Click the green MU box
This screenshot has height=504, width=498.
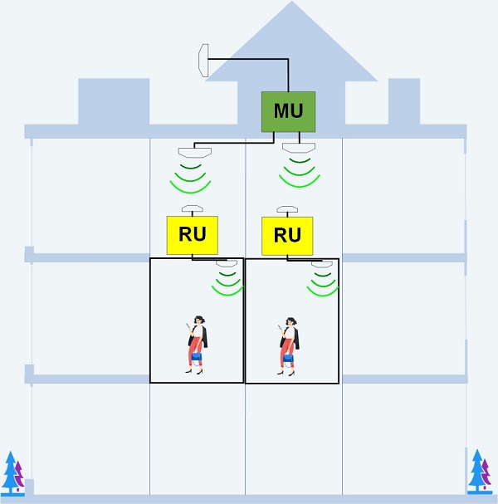(288, 111)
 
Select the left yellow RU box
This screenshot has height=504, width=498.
(192, 235)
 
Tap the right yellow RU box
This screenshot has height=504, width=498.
(287, 235)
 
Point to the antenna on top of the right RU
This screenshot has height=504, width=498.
(287, 209)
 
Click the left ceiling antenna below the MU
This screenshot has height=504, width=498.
(195, 152)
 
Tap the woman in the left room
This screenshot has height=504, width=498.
(197, 344)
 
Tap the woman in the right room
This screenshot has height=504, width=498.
(288, 344)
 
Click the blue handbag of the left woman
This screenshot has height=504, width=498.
(197, 355)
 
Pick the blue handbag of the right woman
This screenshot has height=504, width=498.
(289, 358)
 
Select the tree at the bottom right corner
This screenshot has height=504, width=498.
(480, 472)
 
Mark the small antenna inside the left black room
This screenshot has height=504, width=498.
(227, 264)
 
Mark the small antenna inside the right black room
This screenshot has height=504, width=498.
(321, 264)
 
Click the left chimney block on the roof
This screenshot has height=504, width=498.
(114, 101)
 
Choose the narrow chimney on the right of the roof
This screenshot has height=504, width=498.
(404, 101)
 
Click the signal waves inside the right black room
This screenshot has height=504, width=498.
(322, 282)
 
